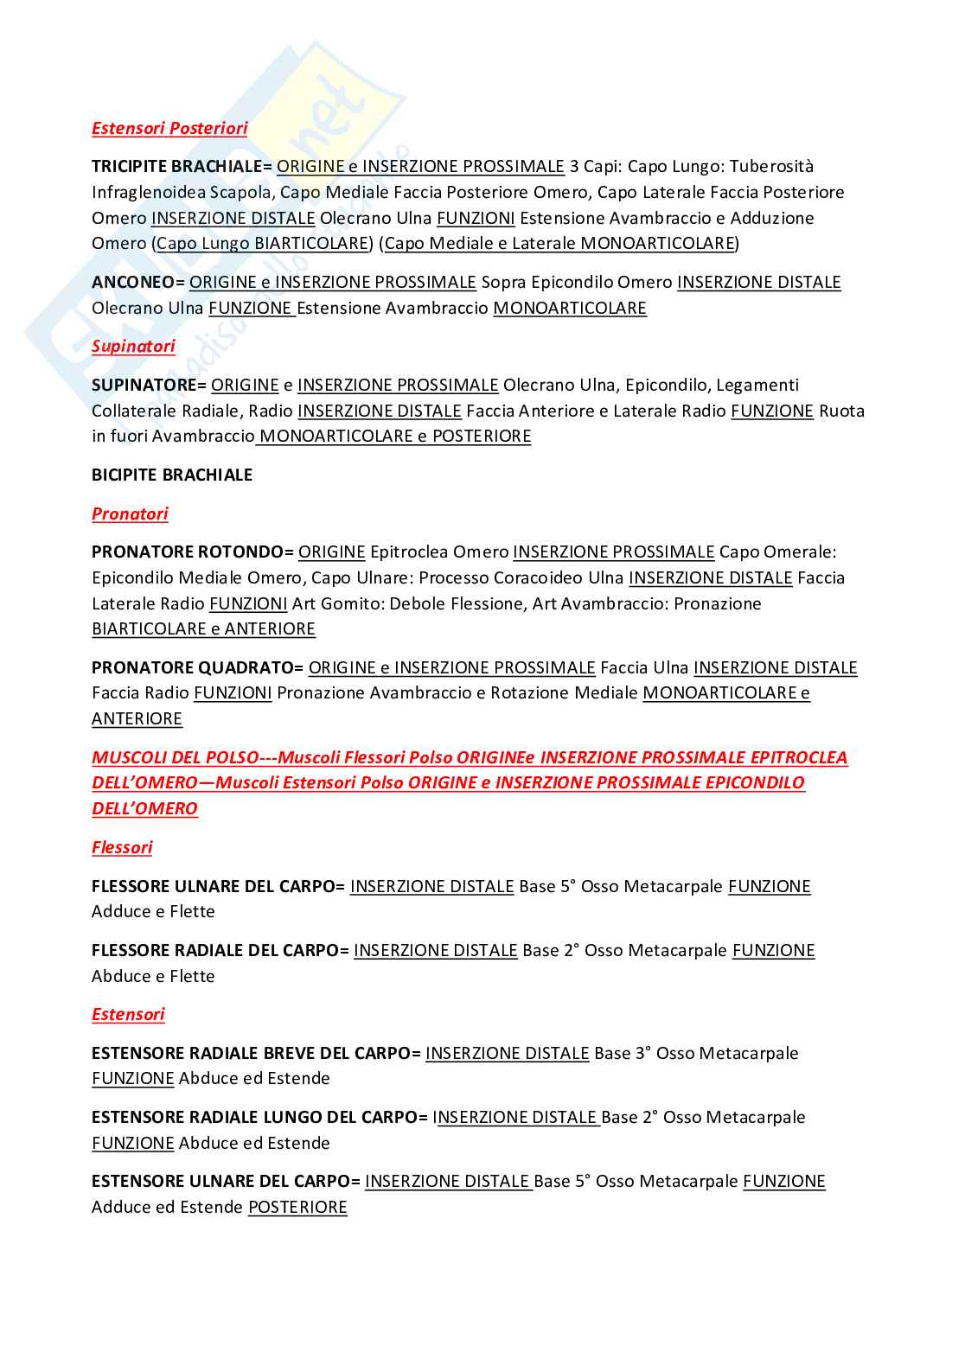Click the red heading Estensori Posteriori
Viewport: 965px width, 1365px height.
(x=169, y=128)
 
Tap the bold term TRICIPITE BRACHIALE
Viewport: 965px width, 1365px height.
(x=177, y=166)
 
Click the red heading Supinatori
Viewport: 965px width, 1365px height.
(x=133, y=346)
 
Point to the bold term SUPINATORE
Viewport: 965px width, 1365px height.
(x=144, y=385)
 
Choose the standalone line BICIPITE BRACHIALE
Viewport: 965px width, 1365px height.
(x=172, y=475)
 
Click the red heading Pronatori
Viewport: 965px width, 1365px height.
(x=130, y=513)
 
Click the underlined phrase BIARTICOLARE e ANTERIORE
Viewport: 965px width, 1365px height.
(x=203, y=628)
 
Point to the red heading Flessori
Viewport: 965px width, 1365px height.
(x=122, y=847)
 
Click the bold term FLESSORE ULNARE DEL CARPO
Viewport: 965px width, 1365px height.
(x=213, y=886)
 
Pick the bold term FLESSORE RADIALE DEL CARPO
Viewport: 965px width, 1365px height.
(x=214, y=950)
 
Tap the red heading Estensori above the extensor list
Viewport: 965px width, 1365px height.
(x=128, y=1014)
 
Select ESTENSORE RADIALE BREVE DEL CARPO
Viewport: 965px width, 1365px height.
(x=251, y=1053)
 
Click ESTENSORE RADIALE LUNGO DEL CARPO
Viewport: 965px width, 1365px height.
(x=254, y=1117)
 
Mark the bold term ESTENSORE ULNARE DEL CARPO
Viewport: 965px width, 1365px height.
(x=220, y=1181)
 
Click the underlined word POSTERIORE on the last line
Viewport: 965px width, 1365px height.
(x=297, y=1207)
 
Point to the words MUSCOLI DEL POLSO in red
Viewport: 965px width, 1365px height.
(x=175, y=757)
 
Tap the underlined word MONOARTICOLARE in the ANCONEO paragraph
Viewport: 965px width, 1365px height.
(x=570, y=308)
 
